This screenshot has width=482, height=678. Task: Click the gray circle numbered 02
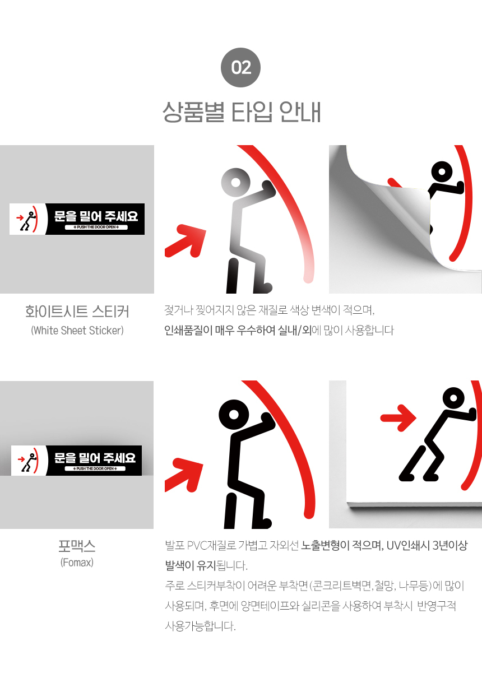pos(240,67)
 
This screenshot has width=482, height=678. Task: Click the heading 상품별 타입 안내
pos(242,112)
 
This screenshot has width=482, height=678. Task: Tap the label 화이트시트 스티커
pos(77,312)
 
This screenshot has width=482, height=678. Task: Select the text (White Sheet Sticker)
pos(77,330)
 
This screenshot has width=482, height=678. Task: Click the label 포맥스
pos(77,546)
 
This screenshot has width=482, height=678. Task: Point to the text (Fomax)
pos(77,563)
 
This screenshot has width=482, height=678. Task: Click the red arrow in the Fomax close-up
pos(184,475)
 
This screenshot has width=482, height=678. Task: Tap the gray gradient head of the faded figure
pos(235,183)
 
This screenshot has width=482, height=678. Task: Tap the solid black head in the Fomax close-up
pos(234,415)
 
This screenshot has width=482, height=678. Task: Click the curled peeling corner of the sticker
pos(402,212)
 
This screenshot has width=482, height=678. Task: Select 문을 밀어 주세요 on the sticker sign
pos(96,216)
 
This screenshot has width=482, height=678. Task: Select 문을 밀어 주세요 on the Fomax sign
pos(95,458)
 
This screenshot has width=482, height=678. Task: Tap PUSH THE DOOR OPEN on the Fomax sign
pos(95,468)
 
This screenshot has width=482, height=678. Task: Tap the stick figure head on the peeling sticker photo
pos(442,171)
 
